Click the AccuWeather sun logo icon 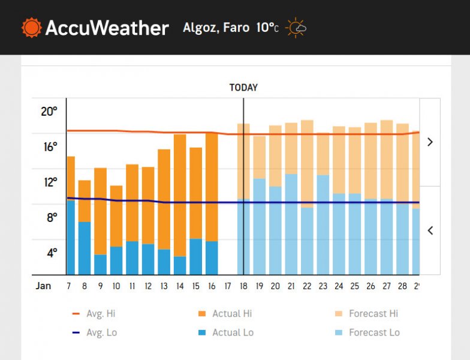click(32, 28)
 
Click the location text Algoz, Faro click(216, 28)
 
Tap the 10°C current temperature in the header click(267, 28)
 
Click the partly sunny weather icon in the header click(296, 28)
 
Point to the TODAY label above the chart click(243, 88)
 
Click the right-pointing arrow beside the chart click(430, 142)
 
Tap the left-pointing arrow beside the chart click(430, 230)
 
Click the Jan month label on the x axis click(43, 286)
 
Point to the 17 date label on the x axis click(227, 286)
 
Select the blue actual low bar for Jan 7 click(71, 238)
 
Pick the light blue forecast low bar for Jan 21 click(291, 224)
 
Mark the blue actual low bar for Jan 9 click(100, 265)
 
